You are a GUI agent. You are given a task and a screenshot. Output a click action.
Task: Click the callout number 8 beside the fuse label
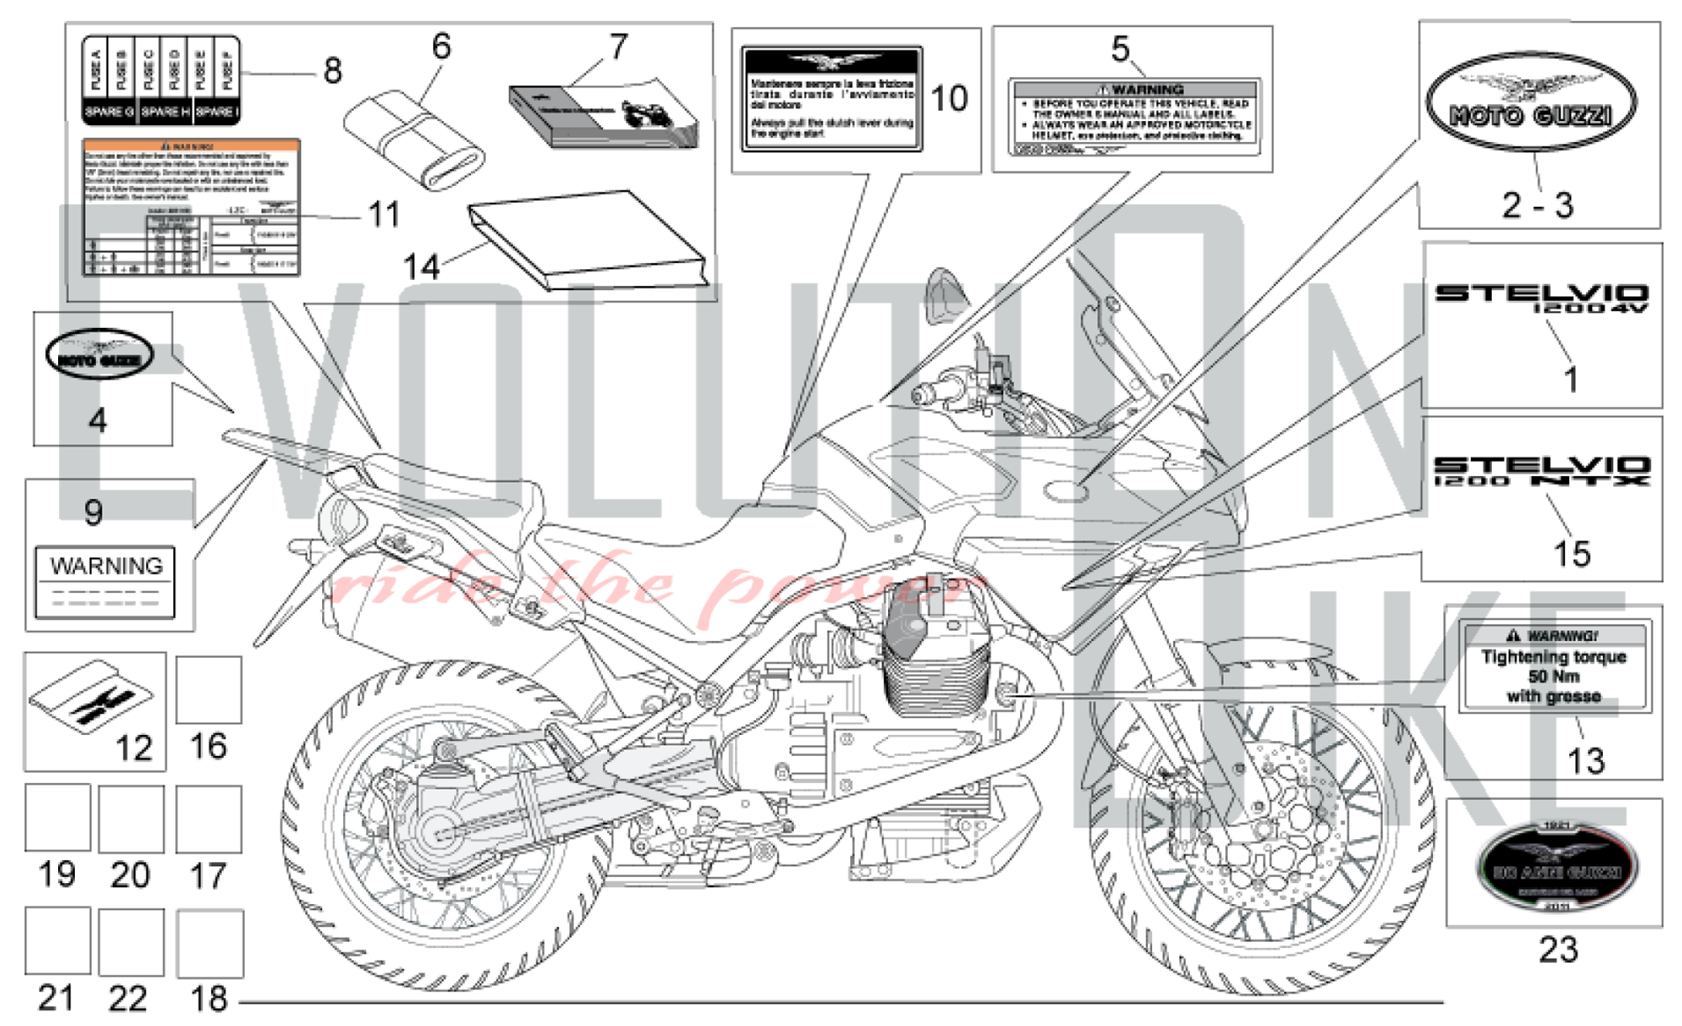[332, 71]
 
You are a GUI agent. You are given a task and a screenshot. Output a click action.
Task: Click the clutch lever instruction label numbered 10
[831, 99]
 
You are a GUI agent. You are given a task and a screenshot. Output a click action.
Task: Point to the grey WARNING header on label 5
[1135, 89]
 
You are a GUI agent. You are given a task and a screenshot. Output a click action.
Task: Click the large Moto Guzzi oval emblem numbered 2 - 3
[1531, 103]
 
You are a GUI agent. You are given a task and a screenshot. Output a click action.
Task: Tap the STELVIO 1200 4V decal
[1541, 297]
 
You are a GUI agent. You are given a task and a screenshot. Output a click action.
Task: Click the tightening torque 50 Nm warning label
[1553, 667]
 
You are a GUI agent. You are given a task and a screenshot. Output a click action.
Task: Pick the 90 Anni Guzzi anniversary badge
[1556, 866]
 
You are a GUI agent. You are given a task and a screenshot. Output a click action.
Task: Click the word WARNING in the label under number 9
[106, 566]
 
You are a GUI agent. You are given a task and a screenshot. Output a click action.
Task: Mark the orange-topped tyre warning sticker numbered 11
[191, 207]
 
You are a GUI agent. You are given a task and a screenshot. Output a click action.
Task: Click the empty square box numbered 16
[209, 690]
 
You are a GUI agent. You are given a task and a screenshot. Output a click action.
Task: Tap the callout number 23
[1558, 950]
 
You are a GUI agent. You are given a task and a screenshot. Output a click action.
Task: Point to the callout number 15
[1571, 554]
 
